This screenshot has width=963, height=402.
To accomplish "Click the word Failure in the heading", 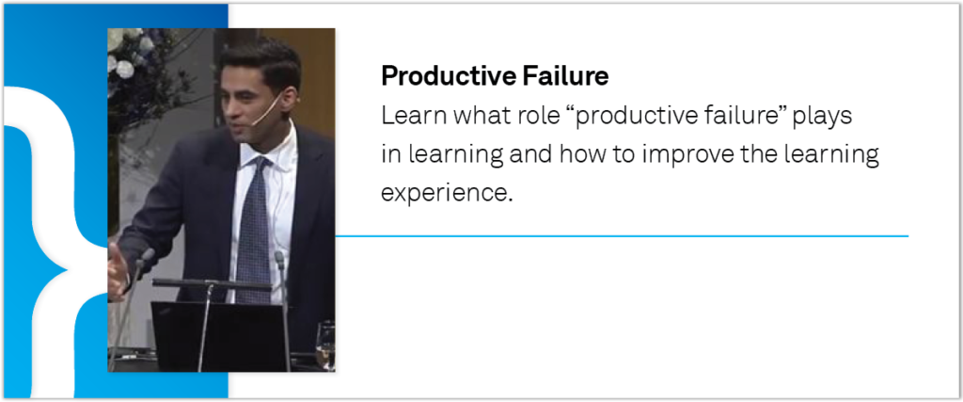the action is pyautogui.click(x=565, y=76).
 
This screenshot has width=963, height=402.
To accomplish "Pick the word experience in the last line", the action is pyautogui.click(x=447, y=194).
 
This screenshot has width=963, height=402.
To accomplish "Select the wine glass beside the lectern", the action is pyautogui.click(x=324, y=346).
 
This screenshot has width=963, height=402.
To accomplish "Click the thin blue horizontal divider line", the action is pyautogui.click(x=622, y=236).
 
